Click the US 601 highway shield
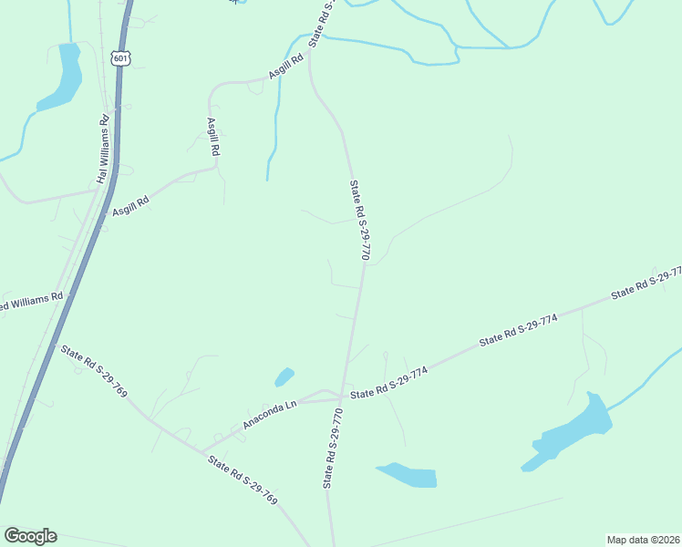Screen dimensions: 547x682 [121, 57]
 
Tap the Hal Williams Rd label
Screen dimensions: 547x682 [103, 149]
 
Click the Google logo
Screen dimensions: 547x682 [30, 536]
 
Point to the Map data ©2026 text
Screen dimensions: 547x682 [643, 540]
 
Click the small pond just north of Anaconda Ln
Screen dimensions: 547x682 [284, 376]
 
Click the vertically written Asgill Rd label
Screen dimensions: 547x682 [214, 136]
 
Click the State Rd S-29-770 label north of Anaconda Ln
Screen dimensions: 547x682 [359, 221]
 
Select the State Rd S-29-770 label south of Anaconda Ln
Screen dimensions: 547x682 [332, 449]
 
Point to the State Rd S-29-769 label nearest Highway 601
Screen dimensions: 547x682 [94, 370]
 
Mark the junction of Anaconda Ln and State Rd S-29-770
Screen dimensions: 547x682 [342, 397]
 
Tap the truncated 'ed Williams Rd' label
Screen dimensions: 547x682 [32, 301]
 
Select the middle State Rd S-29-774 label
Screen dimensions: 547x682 [518, 334]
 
